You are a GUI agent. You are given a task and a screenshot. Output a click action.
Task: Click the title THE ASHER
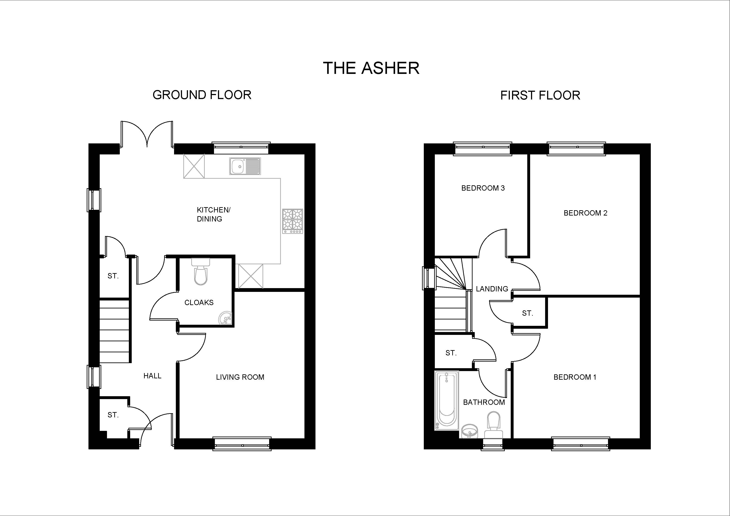pos(371,68)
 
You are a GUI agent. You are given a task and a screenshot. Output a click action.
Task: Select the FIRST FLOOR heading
pos(540,95)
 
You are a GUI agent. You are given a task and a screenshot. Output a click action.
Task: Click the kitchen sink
pos(245,166)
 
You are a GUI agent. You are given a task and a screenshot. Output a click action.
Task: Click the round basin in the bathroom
pos(470,432)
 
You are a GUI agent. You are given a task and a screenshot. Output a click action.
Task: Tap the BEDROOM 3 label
pos(483,188)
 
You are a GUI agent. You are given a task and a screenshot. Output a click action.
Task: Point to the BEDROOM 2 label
pos(585,213)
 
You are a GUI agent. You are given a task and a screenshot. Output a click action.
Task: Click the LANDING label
pos(492,289)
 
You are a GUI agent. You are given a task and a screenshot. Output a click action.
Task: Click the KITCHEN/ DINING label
pos(214,214)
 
